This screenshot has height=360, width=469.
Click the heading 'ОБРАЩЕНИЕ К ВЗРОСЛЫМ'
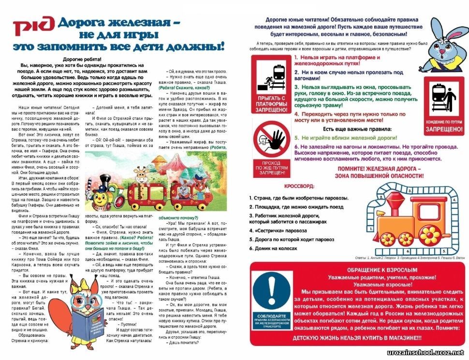tap(358, 269)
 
